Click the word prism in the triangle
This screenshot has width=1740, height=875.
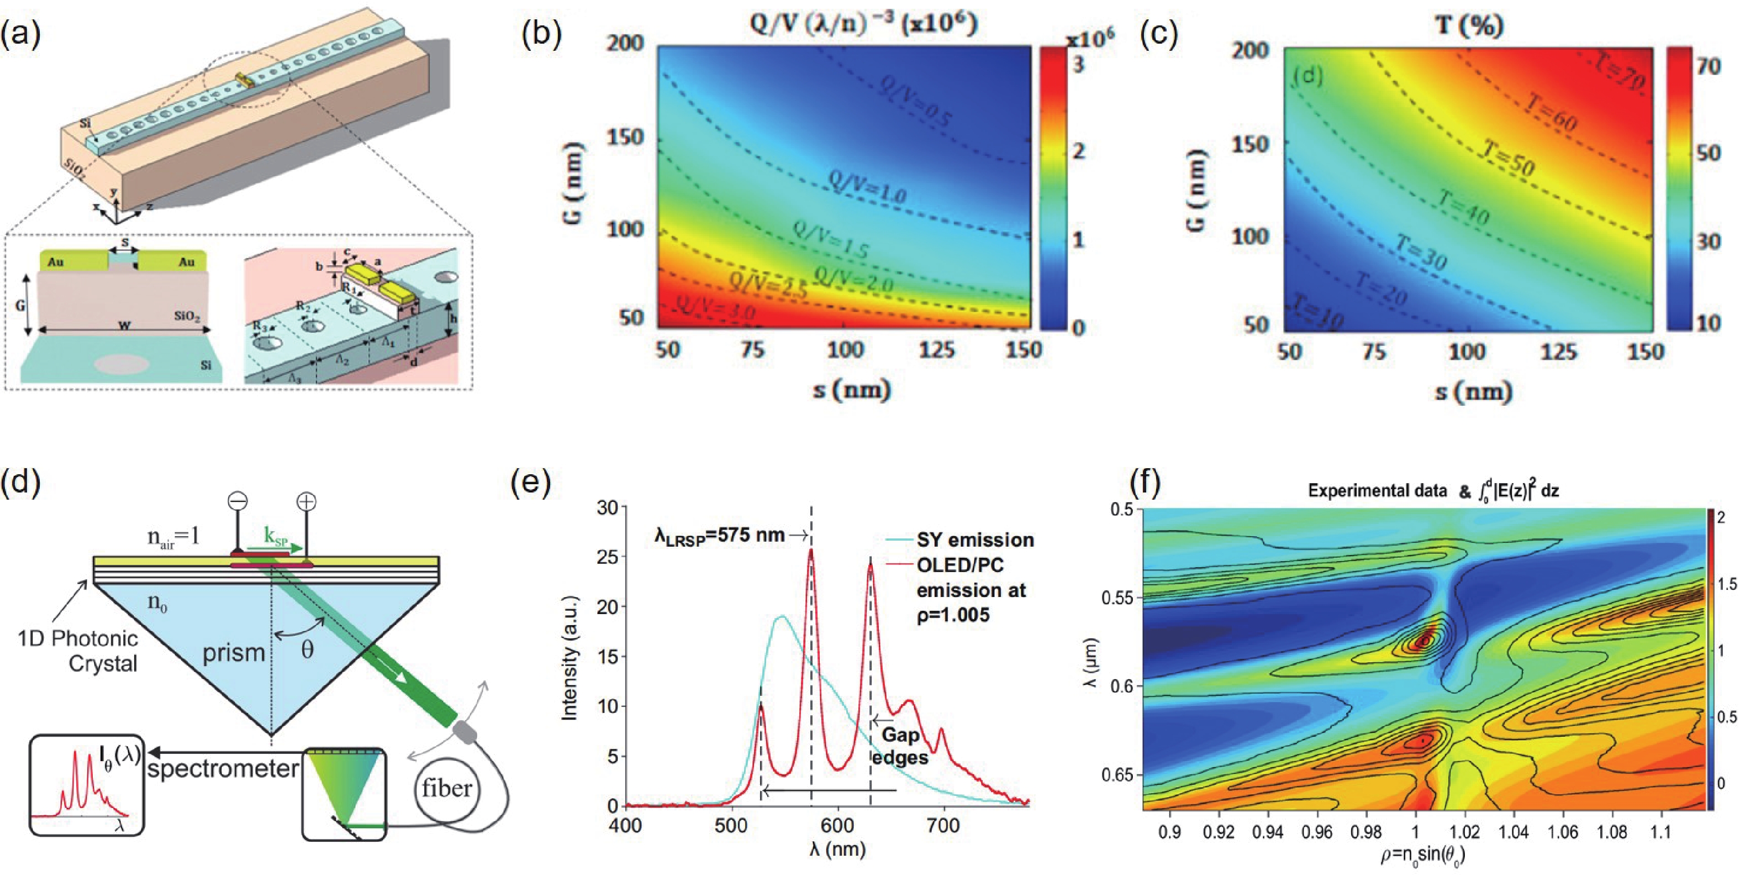pyautogui.click(x=233, y=653)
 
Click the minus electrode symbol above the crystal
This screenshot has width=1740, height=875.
pyautogui.click(x=238, y=501)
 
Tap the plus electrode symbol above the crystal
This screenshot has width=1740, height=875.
pyautogui.click(x=307, y=501)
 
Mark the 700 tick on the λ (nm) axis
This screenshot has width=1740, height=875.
pyautogui.click(x=943, y=826)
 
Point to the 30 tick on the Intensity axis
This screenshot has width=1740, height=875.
pyautogui.click(x=608, y=507)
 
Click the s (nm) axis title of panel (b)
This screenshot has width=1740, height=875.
pyautogui.click(x=851, y=390)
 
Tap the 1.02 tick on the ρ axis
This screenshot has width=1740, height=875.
pyautogui.click(x=1464, y=832)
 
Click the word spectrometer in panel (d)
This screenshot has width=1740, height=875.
pyautogui.click(x=223, y=769)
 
